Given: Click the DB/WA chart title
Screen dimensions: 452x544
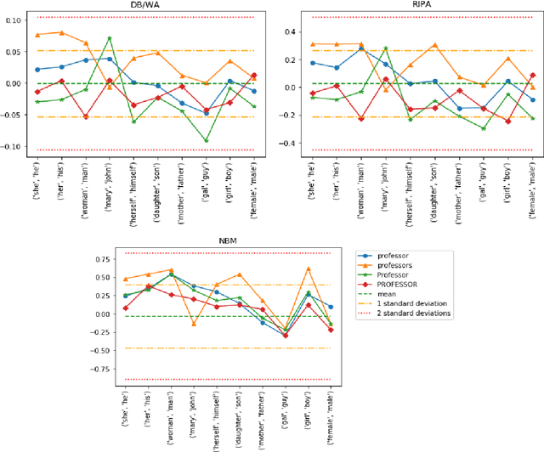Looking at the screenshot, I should [145, 6].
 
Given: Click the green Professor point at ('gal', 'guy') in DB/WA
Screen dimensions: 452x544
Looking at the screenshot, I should [206, 141].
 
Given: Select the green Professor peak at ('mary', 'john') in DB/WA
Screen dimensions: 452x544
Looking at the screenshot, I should [110, 38].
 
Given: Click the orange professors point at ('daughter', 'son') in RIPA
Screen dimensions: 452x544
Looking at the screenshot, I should [433, 45].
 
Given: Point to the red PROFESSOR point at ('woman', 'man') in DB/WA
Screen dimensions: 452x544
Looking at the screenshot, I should [85, 116].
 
